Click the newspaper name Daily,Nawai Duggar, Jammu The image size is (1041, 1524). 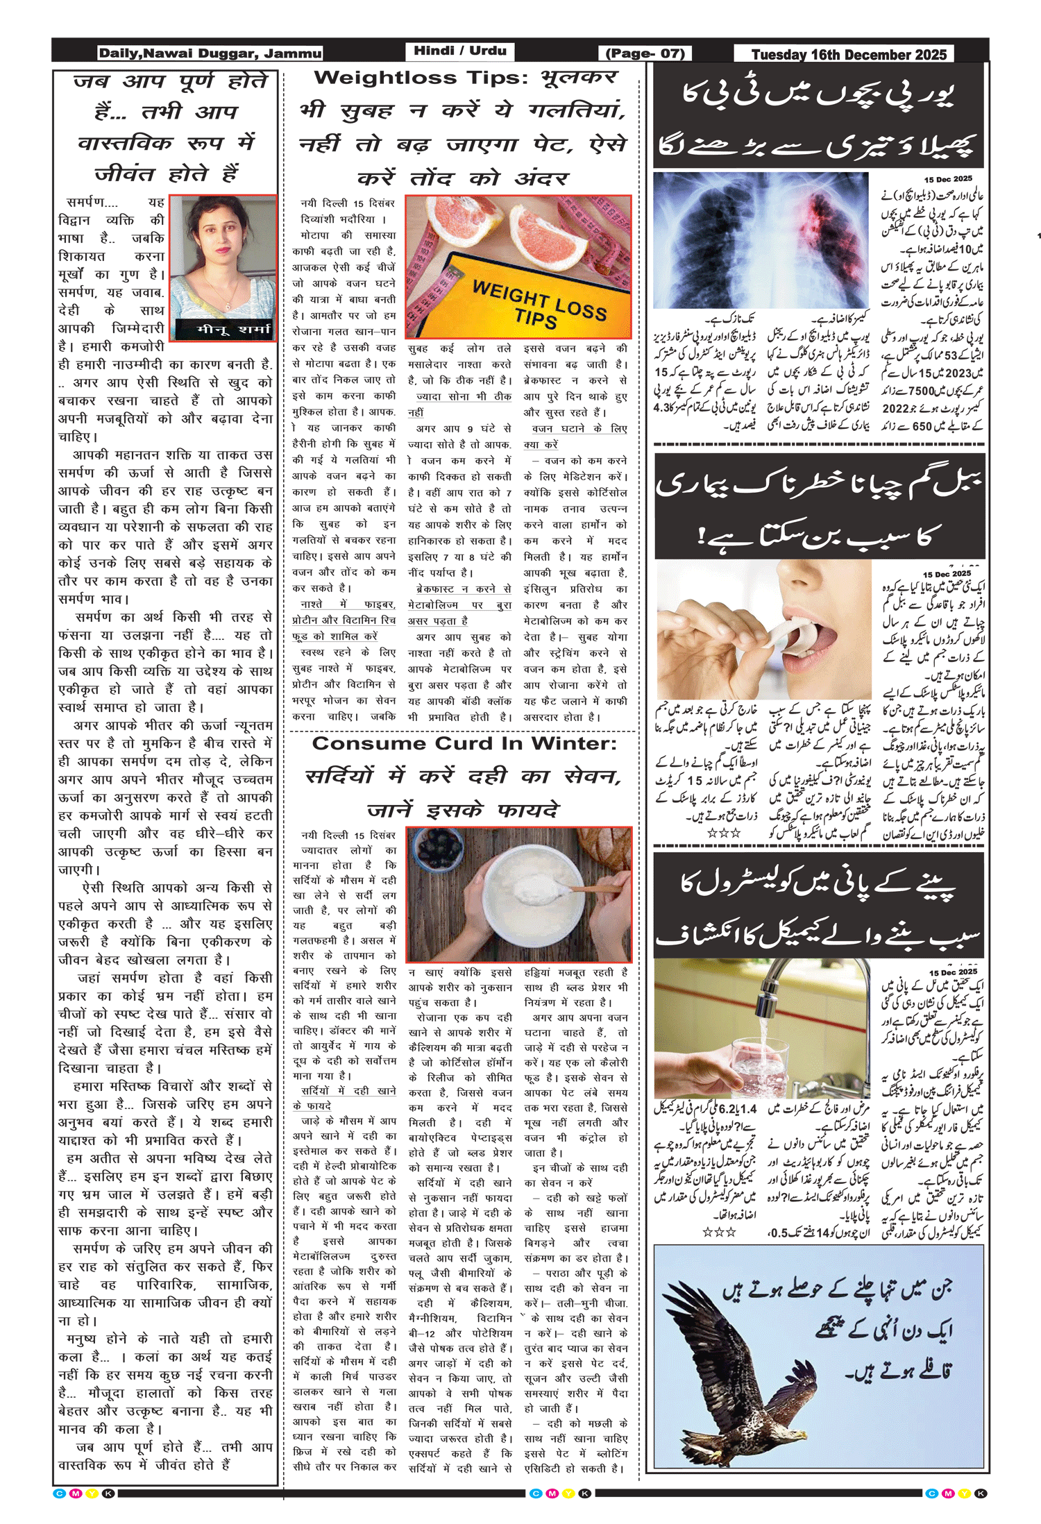point(210,53)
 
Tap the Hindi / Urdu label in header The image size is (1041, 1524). point(459,51)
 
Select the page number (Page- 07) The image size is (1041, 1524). point(645,53)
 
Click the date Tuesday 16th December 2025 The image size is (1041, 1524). point(848,55)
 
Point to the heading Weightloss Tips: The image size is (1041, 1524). point(421,78)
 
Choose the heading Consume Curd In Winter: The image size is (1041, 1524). point(464,743)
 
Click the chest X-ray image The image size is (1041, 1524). point(761,239)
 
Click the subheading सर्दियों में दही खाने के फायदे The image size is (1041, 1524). point(345,1099)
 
